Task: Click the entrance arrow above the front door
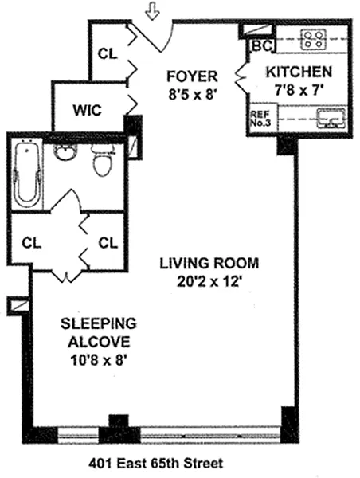[x=152, y=10]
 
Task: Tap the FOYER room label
[x=192, y=76]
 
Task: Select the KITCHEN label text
[x=299, y=72]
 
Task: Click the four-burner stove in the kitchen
[x=313, y=39]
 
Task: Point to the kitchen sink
[x=331, y=118]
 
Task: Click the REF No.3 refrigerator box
[x=262, y=119]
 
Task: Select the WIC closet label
[x=87, y=110]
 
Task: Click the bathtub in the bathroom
[x=27, y=174]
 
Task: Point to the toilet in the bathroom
[x=104, y=160]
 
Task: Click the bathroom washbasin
[x=65, y=151]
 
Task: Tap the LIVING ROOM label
[x=209, y=264]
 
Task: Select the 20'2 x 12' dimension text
[x=209, y=282]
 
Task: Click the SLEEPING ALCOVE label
[x=99, y=332]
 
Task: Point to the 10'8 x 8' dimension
[x=99, y=361]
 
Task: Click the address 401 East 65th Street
[x=155, y=464]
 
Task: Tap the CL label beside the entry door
[x=108, y=54]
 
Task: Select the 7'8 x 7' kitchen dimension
[x=299, y=90]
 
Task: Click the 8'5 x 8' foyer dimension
[x=192, y=95]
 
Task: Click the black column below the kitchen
[x=286, y=145]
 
